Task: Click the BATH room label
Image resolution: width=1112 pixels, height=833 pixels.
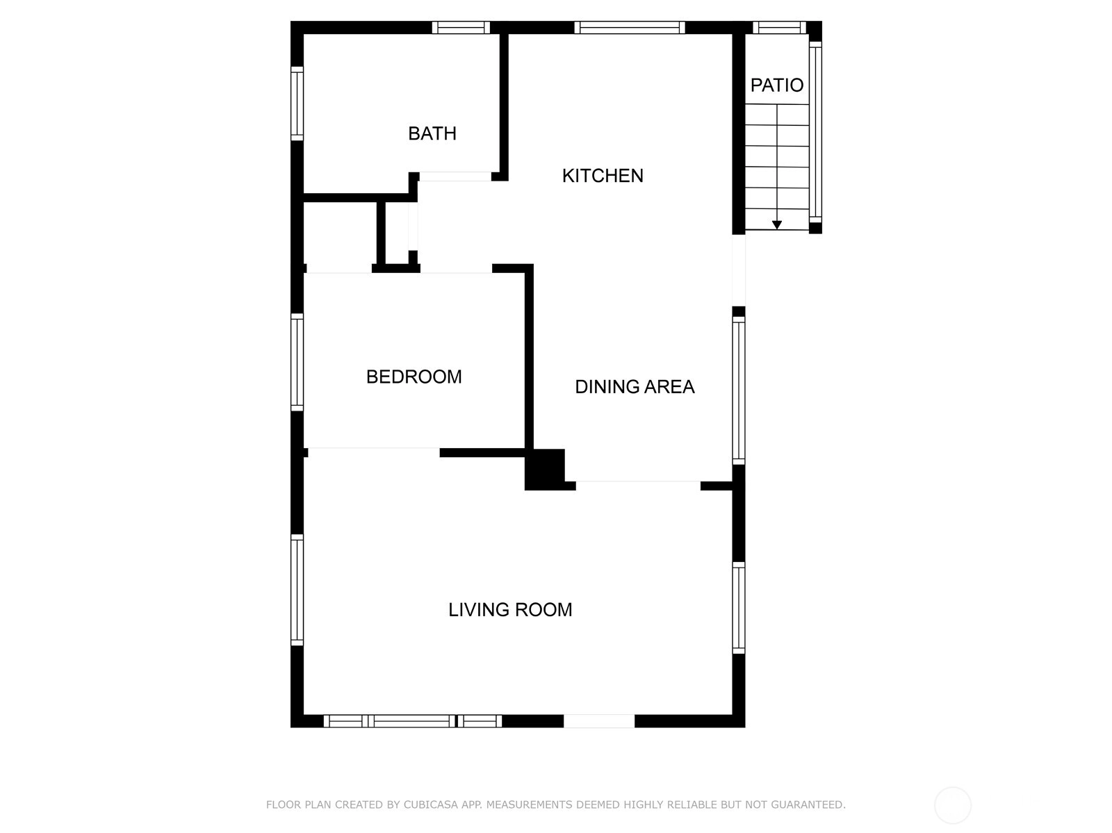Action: pos(432,133)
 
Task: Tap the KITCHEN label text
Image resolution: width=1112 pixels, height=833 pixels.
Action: pos(603,176)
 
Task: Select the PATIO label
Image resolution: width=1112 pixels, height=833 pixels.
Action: pos(776,85)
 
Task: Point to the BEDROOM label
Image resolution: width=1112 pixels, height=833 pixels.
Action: pos(414,377)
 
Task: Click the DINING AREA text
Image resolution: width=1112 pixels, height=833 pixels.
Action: pos(635,387)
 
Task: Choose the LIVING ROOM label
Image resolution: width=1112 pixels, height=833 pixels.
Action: pos(510,610)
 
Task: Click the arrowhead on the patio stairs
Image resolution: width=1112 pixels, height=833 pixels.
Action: pos(776,225)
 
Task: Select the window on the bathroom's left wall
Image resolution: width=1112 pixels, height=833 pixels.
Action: pos(297,104)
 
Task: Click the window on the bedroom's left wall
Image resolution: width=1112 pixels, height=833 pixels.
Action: pos(297,362)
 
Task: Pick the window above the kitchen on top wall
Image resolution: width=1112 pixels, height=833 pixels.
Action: pos(629,27)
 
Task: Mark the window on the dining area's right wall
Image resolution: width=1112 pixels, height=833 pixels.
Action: pos(739,390)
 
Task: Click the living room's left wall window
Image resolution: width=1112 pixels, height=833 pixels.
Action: pos(297,590)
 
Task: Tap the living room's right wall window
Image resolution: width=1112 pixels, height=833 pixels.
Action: pos(739,608)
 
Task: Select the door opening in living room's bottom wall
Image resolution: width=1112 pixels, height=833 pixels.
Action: pos(599,721)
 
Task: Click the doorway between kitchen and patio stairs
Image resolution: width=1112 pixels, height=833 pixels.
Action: pos(739,270)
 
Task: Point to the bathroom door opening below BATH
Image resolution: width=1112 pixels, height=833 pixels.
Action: pos(455,176)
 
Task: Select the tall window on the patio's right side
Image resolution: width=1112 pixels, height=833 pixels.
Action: pos(815,132)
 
